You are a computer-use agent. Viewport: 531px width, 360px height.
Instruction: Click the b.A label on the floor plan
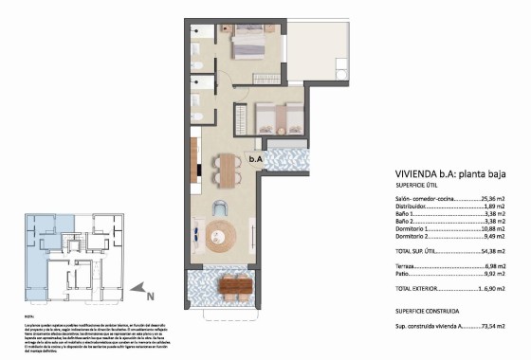tap(255, 160)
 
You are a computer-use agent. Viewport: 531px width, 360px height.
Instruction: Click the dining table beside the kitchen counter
tap(226, 171)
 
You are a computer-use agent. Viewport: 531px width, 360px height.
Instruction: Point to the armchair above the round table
tap(221, 208)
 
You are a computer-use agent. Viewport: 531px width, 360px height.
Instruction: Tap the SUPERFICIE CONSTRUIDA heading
tap(428, 311)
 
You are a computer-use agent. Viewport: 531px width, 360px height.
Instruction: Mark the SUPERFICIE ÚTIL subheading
tap(416, 186)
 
